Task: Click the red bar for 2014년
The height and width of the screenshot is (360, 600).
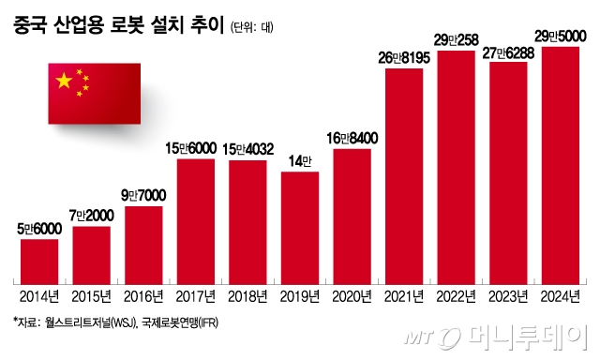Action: click(40, 262)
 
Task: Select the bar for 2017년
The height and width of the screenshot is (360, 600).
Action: click(196, 221)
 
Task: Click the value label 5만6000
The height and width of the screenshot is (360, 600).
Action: click(40, 228)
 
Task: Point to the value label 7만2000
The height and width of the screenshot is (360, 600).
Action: click(92, 216)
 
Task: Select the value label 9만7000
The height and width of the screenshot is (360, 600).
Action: click(143, 195)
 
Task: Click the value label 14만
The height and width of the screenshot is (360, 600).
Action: click(300, 159)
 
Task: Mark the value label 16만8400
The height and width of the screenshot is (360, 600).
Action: click(352, 138)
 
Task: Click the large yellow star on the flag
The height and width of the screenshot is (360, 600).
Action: click(65, 82)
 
